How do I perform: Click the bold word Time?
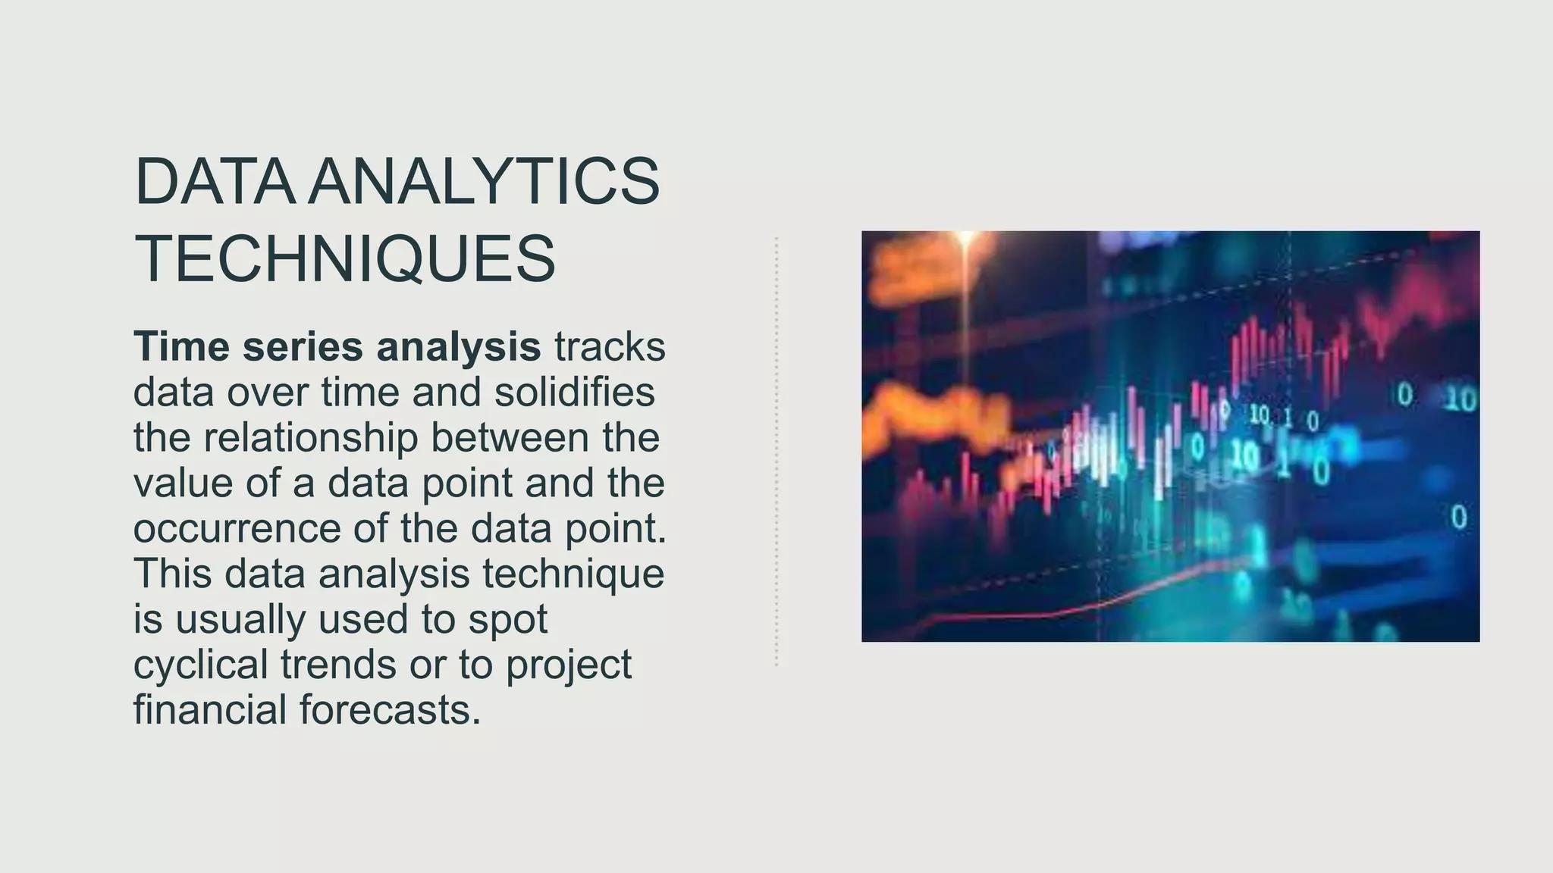(x=182, y=346)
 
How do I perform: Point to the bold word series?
(x=303, y=346)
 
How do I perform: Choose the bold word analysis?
(x=458, y=346)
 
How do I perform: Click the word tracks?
(x=610, y=346)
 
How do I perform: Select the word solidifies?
(x=574, y=392)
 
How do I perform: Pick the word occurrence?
(x=237, y=528)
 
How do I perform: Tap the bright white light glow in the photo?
(x=966, y=241)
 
